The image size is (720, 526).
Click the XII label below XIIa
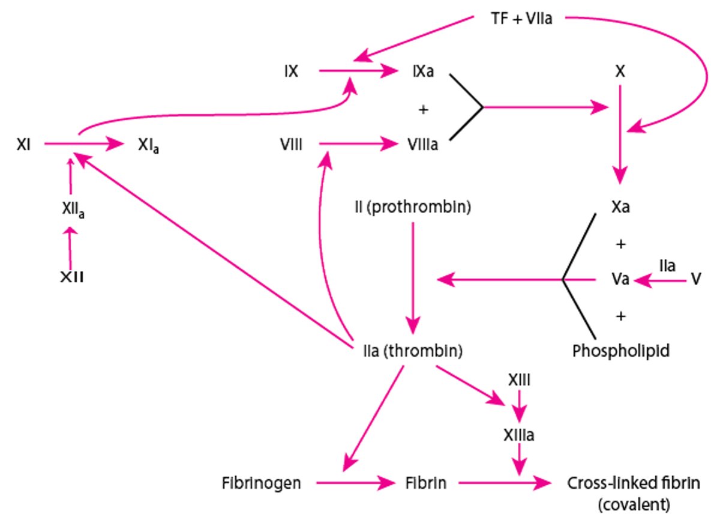pos(71,278)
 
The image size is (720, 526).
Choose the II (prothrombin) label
pos(412,208)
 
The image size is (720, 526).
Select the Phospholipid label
pos(620,351)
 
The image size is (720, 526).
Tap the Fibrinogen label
pos(260,483)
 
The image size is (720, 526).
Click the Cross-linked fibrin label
pos(633,483)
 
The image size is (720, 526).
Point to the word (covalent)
pos(633,505)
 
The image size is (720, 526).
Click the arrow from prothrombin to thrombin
pos(412,273)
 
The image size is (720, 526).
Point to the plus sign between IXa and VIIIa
pos(424,109)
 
